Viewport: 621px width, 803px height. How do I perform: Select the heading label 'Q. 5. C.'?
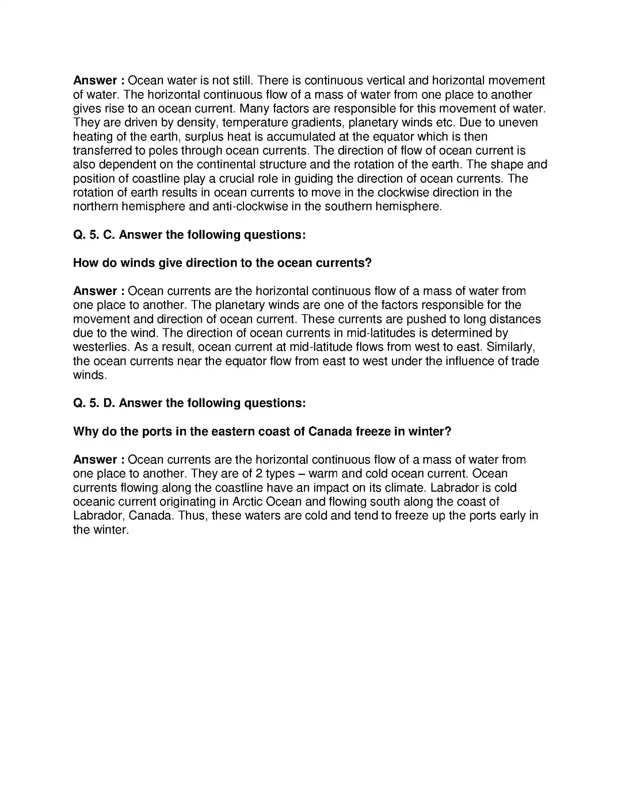94,235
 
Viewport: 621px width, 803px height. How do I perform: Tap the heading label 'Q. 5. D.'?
94,403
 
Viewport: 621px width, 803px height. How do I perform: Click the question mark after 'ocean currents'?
369,263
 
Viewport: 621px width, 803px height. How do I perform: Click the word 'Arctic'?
248,502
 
